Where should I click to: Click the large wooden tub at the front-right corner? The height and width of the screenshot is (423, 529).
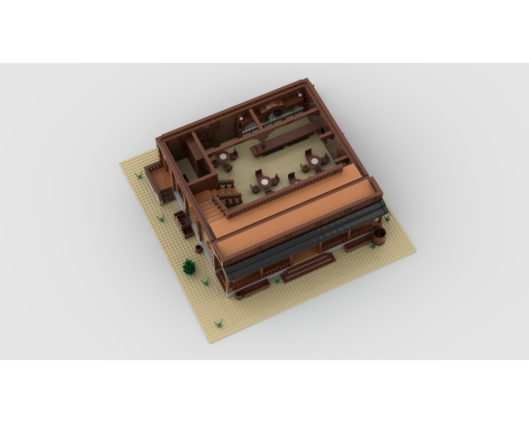pyautogui.click(x=378, y=236)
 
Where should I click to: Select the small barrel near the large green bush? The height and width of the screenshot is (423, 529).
pyautogui.click(x=199, y=249)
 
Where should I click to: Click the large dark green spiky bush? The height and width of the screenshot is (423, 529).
pyautogui.click(x=189, y=267)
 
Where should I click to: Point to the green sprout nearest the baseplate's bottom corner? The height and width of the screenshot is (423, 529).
pyautogui.click(x=218, y=323)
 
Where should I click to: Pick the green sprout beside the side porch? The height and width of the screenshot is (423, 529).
pyautogui.click(x=140, y=174)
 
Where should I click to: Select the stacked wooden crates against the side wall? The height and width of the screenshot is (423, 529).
pyautogui.click(x=183, y=223)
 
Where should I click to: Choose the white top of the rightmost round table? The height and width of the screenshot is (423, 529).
pyautogui.click(x=314, y=160)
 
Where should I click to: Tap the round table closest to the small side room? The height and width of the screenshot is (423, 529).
pyautogui.click(x=224, y=157)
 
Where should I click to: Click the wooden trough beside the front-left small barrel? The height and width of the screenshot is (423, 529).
pyautogui.click(x=256, y=288)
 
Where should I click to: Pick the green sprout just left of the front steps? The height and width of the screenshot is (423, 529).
pyautogui.click(x=276, y=281)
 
